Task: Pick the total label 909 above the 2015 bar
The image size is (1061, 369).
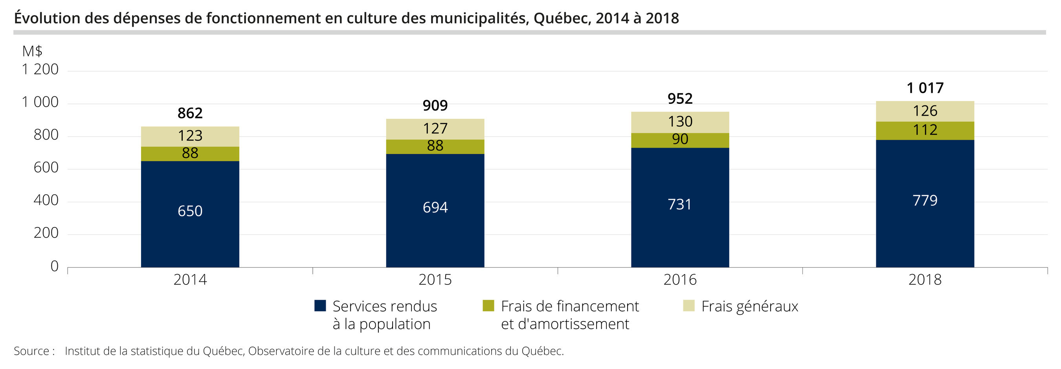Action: pos(435,105)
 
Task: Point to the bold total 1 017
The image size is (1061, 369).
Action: pos(925,88)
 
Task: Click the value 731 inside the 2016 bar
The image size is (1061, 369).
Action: pos(679,205)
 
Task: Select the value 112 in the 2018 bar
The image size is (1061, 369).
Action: pos(925,130)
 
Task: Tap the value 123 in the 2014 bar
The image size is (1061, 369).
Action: pos(190,136)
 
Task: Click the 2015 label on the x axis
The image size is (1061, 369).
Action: pos(435,280)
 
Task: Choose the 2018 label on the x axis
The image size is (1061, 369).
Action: pos(925,280)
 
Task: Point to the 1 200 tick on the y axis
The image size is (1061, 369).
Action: pos(40,69)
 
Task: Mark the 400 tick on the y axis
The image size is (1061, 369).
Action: pos(46,200)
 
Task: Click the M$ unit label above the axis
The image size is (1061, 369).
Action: pos(32,51)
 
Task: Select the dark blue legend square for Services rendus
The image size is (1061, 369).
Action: pos(320,306)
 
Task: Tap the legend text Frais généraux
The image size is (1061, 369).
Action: pos(750,306)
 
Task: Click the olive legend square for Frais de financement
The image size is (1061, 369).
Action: pos(488,306)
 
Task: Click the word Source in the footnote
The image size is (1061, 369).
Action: pos(31,351)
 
